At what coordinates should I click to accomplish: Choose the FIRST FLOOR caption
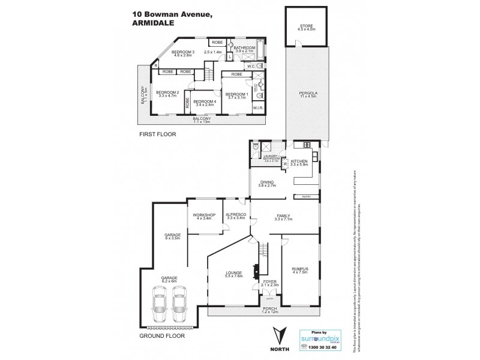click(158, 134)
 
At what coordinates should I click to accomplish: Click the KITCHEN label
click(299, 161)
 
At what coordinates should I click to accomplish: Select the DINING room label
click(266, 184)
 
